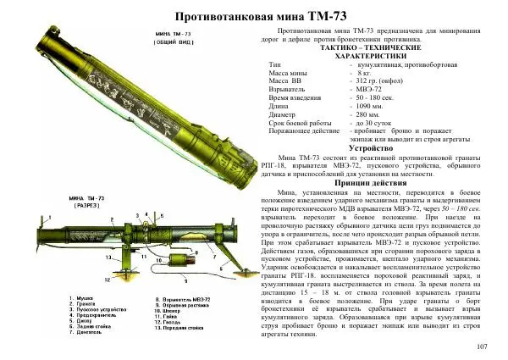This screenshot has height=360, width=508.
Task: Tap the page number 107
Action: tap(483, 346)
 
